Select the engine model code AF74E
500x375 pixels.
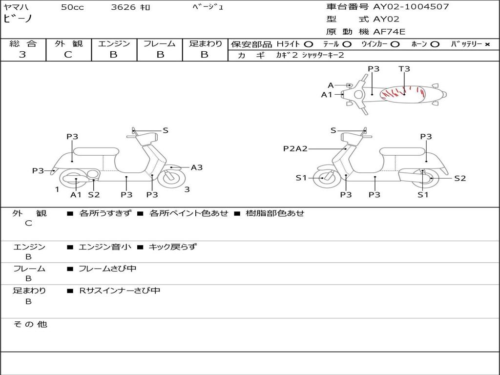[389, 32]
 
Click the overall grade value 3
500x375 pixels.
[22, 55]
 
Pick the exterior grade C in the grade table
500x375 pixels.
[68, 55]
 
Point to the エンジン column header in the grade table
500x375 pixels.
[114, 44]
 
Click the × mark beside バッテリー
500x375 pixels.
[487, 44]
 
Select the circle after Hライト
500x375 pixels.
[309, 44]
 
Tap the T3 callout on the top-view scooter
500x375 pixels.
[404, 69]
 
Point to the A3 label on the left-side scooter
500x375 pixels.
[196, 167]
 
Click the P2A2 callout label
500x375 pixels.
[295, 148]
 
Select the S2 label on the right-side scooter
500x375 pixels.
[460, 178]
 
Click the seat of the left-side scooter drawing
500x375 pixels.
[95, 151]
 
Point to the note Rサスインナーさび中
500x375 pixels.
[120, 291]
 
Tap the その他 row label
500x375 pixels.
[30, 324]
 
